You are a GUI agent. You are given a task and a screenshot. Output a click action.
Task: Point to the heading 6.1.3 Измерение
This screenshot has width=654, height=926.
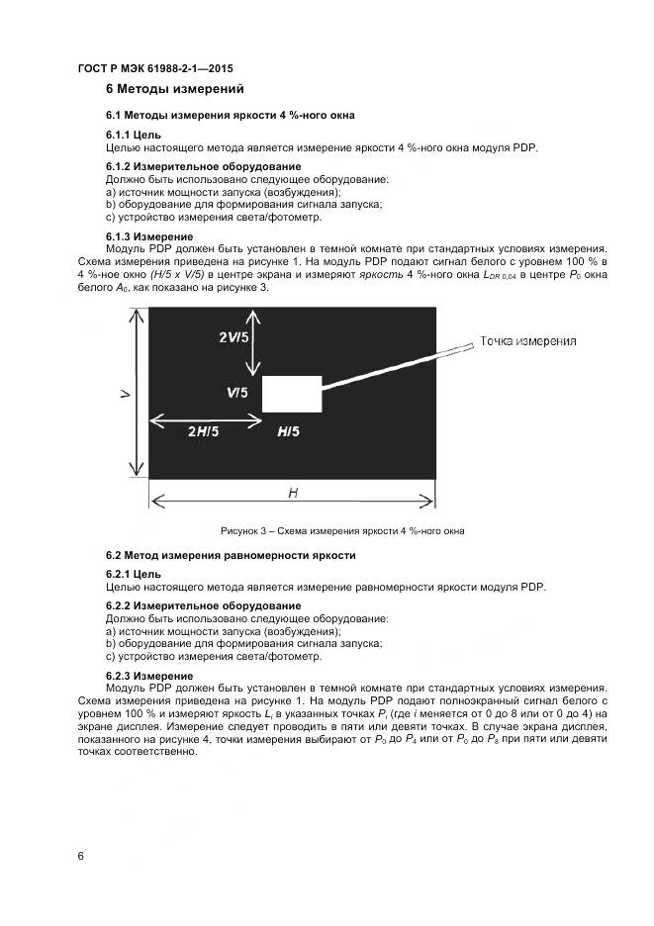click(x=148, y=237)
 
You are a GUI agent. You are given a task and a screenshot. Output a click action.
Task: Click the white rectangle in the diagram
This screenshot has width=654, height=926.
click(x=292, y=394)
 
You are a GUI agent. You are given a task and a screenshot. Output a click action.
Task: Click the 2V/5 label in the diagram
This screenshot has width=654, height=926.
click(x=234, y=337)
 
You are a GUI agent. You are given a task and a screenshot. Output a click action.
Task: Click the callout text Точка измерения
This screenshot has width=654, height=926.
click(x=528, y=341)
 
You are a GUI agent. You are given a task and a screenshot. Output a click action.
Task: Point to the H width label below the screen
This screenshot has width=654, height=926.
click(x=293, y=492)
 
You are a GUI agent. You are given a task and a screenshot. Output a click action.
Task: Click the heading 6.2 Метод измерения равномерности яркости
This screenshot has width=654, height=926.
click(x=230, y=555)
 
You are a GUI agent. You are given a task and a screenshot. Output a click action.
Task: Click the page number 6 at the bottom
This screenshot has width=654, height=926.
click(x=80, y=857)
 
